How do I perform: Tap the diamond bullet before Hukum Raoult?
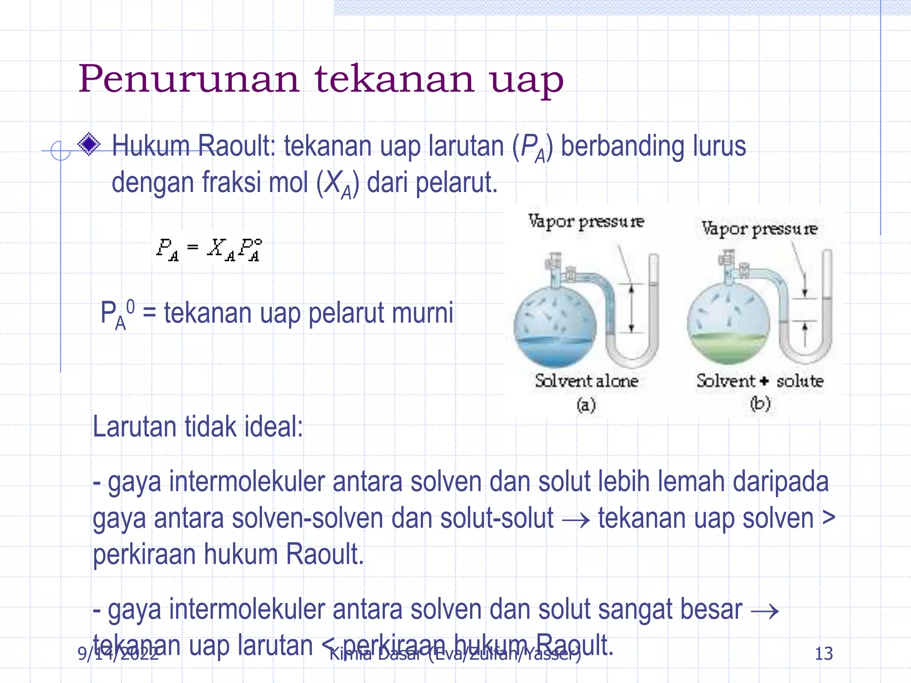[x=89, y=144]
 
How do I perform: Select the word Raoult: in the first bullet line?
[x=236, y=146]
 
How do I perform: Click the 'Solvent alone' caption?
[x=586, y=381]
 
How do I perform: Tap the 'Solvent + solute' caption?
[x=760, y=381]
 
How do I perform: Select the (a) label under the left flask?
[x=586, y=405]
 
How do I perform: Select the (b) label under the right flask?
[x=760, y=404]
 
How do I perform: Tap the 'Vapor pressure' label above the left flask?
[x=586, y=221]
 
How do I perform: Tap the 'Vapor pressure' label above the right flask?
[x=759, y=229]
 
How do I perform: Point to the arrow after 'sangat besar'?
[x=765, y=611]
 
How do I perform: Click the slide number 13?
[x=823, y=654]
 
